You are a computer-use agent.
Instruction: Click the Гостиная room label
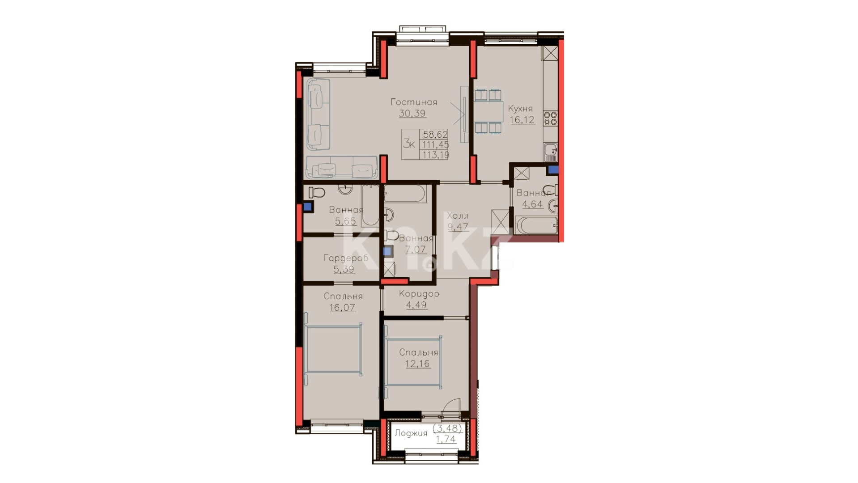click(414, 102)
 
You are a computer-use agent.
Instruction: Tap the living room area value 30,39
click(412, 113)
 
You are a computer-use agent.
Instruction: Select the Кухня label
click(520, 109)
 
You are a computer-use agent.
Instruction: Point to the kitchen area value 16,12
click(522, 120)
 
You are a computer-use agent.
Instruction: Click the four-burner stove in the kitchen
click(551, 118)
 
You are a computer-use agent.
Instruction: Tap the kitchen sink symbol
click(551, 151)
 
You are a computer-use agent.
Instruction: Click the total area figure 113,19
click(436, 155)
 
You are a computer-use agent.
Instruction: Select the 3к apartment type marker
click(409, 144)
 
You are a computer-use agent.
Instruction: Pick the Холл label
click(458, 216)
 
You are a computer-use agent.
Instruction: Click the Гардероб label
click(346, 258)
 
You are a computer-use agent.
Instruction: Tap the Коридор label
click(419, 294)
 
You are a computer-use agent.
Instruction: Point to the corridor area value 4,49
click(416, 305)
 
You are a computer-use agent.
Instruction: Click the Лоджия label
click(411, 433)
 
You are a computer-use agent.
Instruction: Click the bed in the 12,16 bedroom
click(412, 362)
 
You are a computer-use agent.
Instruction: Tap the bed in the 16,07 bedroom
click(333, 349)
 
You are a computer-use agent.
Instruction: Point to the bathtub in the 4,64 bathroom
click(536, 225)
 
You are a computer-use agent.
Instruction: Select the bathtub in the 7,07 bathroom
click(405, 194)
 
